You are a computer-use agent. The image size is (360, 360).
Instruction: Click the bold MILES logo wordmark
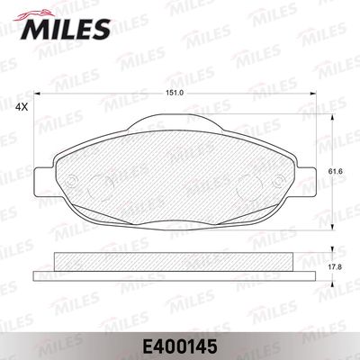click(66, 29)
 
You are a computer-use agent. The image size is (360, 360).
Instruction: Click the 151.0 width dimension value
click(175, 93)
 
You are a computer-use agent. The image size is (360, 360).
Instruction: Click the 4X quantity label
click(22, 107)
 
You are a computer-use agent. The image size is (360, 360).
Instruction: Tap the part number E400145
click(180, 346)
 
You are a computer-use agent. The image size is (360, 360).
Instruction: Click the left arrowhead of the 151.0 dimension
click(37, 94)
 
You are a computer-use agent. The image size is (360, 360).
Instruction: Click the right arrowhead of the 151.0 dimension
click(313, 94)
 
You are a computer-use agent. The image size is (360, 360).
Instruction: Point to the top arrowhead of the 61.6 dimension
click(332, 118)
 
